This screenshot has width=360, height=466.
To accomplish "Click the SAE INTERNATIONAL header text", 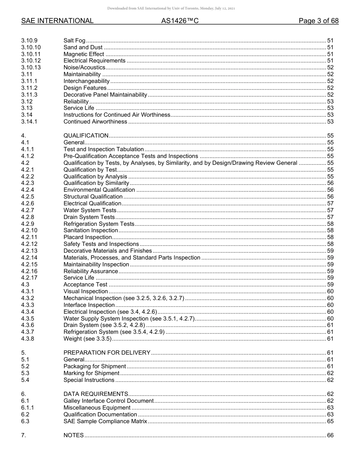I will click(x=57, y=21).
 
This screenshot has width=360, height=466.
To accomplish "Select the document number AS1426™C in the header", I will click(x=180, y=21).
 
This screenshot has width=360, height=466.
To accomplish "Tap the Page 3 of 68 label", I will click(x=318, y=21).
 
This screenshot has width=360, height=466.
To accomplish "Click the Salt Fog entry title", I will click(x=74, y=41).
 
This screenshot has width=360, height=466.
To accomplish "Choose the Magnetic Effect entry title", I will click(x=84, y=54).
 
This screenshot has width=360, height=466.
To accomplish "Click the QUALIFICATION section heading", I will click(x=86, y=136).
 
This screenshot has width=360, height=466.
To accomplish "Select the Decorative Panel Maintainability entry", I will click(x=105, y=95).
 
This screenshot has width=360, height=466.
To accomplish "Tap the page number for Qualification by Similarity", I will click(x=330, y=183).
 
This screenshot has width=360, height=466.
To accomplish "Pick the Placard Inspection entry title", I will click(x=88, y=238).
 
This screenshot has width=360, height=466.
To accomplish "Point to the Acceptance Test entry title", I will click(x=85, y=285).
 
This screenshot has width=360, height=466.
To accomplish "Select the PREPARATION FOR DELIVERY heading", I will click(x=107, y=353).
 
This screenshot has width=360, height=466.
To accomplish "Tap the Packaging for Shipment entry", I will click(x=94, y=366).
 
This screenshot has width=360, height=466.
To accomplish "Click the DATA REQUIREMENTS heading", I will click(x=95, y=394).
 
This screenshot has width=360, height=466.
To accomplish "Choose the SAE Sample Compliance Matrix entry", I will click(x=105, y=421).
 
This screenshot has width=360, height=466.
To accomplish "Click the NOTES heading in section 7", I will click(x=74, y=435).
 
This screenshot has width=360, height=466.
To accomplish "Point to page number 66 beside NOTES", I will click(x=330, y=435).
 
